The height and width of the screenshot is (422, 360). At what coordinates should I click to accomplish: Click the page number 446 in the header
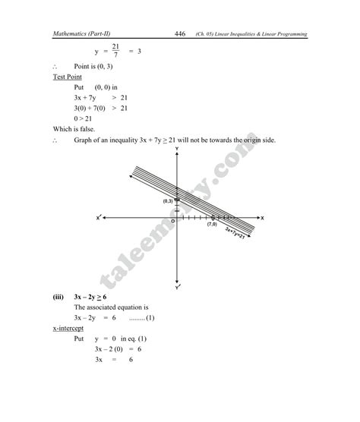(180, 33)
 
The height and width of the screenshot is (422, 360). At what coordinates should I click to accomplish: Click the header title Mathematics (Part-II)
(83, 34)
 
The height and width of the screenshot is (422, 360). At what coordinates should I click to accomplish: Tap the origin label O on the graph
(172, 222)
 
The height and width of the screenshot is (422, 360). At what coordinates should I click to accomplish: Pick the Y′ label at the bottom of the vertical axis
(177, 288)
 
